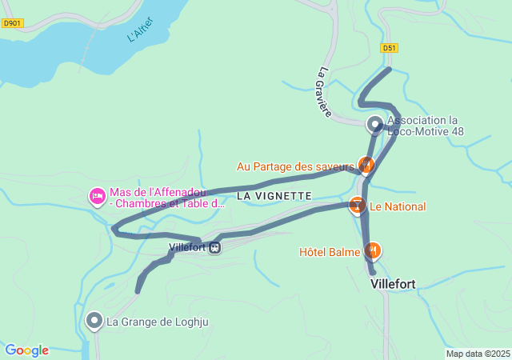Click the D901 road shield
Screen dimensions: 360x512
pos(12,23)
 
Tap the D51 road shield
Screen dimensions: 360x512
pos(389,48)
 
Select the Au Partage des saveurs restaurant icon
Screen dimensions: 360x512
pos(366,165)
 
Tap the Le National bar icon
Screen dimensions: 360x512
pos(357,206)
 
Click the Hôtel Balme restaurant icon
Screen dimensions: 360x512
pos(372,251)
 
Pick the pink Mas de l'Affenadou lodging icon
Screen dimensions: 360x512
pos(97,196)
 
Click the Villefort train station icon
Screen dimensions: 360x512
pos(214,248)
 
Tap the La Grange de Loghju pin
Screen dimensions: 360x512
pos(94,322)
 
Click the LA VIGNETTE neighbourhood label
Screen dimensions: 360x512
pos(274,195)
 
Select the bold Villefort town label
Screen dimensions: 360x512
pos(393,283)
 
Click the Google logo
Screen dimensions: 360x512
pos(26,350)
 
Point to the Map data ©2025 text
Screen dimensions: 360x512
pos(478,354)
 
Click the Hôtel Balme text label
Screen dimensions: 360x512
pos(330,252)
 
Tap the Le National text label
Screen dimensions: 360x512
pos(398,206)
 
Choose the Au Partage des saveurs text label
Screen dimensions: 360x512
pos(294,166)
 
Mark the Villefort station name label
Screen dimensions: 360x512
pos(188,248)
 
